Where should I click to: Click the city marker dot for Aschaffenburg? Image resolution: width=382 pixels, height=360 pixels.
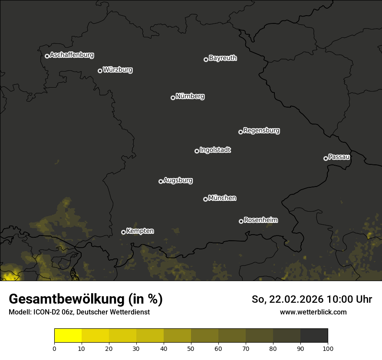[47, 56]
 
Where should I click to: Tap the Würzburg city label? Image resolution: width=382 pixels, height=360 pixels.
[118, 70]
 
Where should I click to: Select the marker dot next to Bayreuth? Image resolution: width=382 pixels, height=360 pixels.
[206, 59]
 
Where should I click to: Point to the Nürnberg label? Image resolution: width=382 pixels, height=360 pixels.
[190, 96]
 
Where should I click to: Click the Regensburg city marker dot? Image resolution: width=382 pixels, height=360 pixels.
[240, 132]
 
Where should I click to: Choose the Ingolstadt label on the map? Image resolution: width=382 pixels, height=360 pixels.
[215, 150]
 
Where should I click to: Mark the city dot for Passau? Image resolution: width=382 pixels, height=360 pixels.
[326, 158]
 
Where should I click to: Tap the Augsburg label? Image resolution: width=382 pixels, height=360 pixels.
[178, 180]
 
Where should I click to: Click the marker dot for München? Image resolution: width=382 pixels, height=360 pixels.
[205, 199]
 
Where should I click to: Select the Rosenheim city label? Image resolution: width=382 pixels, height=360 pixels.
[260, 220]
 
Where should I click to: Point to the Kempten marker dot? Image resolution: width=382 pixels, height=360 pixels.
[123, 232]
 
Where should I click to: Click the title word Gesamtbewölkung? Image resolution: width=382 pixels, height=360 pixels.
[66, 299]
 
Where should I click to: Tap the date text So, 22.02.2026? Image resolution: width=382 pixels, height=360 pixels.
[288, 299]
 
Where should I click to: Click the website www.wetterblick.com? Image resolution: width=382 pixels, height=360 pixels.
[313, 312]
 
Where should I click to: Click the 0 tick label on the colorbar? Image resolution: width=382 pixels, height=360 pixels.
[54, 348]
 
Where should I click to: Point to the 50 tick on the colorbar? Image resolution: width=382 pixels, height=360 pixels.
[191, 348]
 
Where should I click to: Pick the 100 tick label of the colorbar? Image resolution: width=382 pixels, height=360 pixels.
[328, 348]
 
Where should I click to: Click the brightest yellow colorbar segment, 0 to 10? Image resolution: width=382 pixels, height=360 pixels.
[68, 336]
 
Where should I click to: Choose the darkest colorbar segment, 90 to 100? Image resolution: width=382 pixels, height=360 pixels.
[314, 336]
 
